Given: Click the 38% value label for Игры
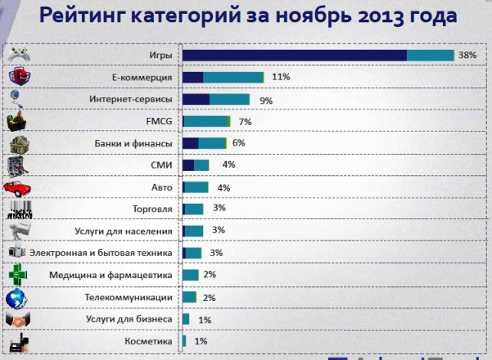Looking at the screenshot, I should pos(467,55).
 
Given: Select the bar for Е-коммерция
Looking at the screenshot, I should pos(223,77).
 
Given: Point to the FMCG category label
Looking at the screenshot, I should pos(158,121).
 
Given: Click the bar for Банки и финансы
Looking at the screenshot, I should pos(205,143).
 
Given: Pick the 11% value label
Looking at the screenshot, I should pos(281,77).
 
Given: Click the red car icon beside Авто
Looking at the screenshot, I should pos(18,187).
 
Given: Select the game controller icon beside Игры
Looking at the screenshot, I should pos(18,55).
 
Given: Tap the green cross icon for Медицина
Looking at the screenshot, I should pos(18,275).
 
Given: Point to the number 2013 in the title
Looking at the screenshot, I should pos(371,16).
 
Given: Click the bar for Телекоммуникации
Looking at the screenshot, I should pos(189,297).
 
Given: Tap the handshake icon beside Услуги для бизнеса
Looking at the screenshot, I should pos(18,319).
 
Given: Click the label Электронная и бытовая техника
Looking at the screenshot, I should pos(100,253).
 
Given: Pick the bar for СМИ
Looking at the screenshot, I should pos(196,165).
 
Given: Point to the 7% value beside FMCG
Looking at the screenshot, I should pos(245,121).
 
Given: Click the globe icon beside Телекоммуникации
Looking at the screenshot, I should pos(18,297).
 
